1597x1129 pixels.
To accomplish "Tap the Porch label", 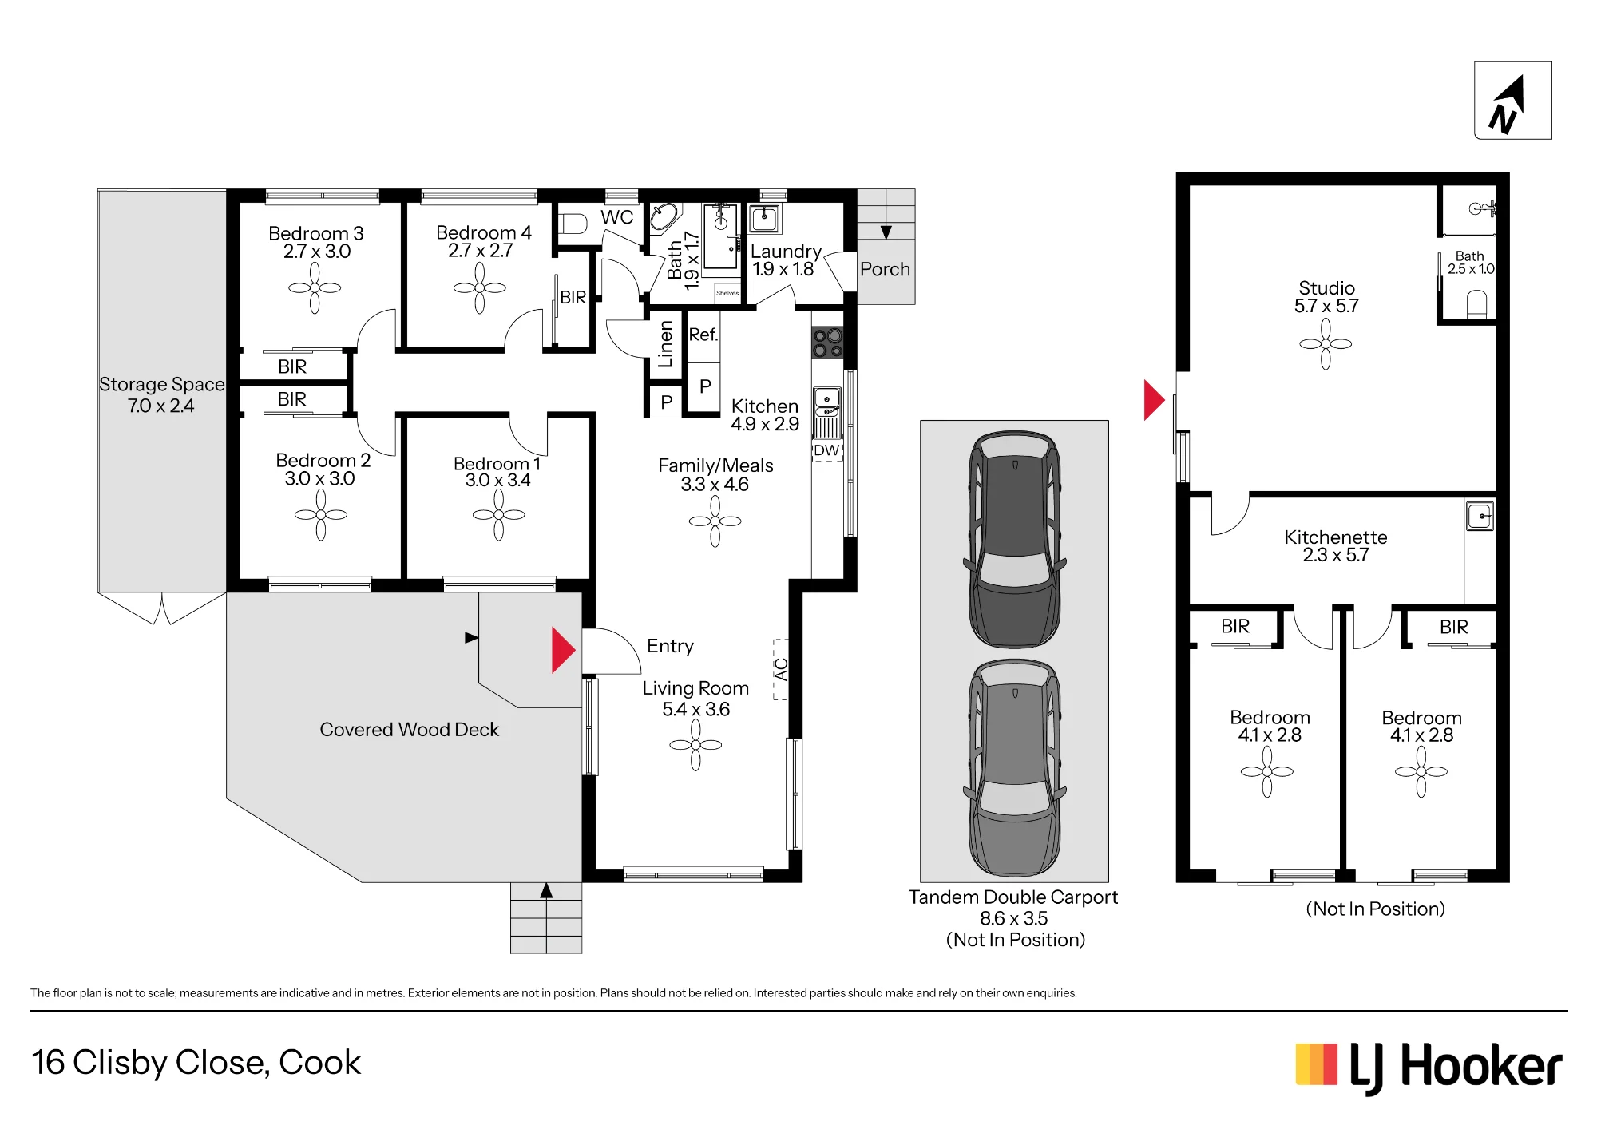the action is point(885,269).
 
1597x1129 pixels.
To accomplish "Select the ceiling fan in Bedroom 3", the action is point(315,287).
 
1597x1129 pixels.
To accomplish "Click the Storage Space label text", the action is point(161,384).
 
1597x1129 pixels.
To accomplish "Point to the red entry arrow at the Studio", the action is point(1154,399).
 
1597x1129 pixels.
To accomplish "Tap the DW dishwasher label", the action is point(826,450).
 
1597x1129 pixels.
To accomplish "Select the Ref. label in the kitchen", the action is point(703,335).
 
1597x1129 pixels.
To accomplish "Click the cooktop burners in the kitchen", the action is point(827,343).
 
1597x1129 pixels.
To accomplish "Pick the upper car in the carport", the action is point(1015,539).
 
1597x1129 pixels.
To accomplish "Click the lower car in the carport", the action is point(1015,767).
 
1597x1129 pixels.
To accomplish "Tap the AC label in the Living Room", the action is point(781,669).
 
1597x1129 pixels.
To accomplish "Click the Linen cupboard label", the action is point(665,344).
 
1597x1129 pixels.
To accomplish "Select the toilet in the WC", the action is point(573,224).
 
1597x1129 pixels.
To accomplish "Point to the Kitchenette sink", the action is point(1480,516).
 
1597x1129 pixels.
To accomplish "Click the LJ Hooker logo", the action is point(1429,1068).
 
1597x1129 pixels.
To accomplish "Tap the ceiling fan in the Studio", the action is point(1326,344).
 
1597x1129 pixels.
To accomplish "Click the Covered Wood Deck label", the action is point(409,730).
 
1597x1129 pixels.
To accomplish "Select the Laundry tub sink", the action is point(764,218).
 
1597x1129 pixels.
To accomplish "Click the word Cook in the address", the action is point(320,1063).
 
